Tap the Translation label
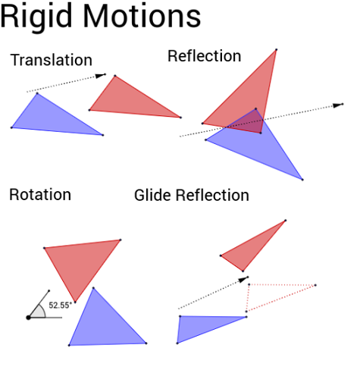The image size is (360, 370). pyautogui.click(x=52, y=60)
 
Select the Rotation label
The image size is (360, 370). pyautogui.click(x=40, y=195)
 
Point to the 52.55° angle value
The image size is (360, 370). pyautogui.click(x=60, y=305)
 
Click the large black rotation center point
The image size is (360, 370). pyautogui.click(x=28, y=318)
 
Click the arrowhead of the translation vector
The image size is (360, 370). pyautogui.click(x=101, y=75)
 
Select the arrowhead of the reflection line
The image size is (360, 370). pyautogui.click(x=338, y=105)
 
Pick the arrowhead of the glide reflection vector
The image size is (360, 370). pyautogui.click(x=244, y=279)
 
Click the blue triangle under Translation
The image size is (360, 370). pyautogui.click(x=51, y=119)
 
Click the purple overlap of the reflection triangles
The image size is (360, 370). pyautogui.click(x=250, y=122)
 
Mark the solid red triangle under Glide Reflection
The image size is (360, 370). pyautogui.click(x=249, y=249)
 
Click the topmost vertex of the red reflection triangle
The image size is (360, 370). pyautogui.click(x=276, y=49)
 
